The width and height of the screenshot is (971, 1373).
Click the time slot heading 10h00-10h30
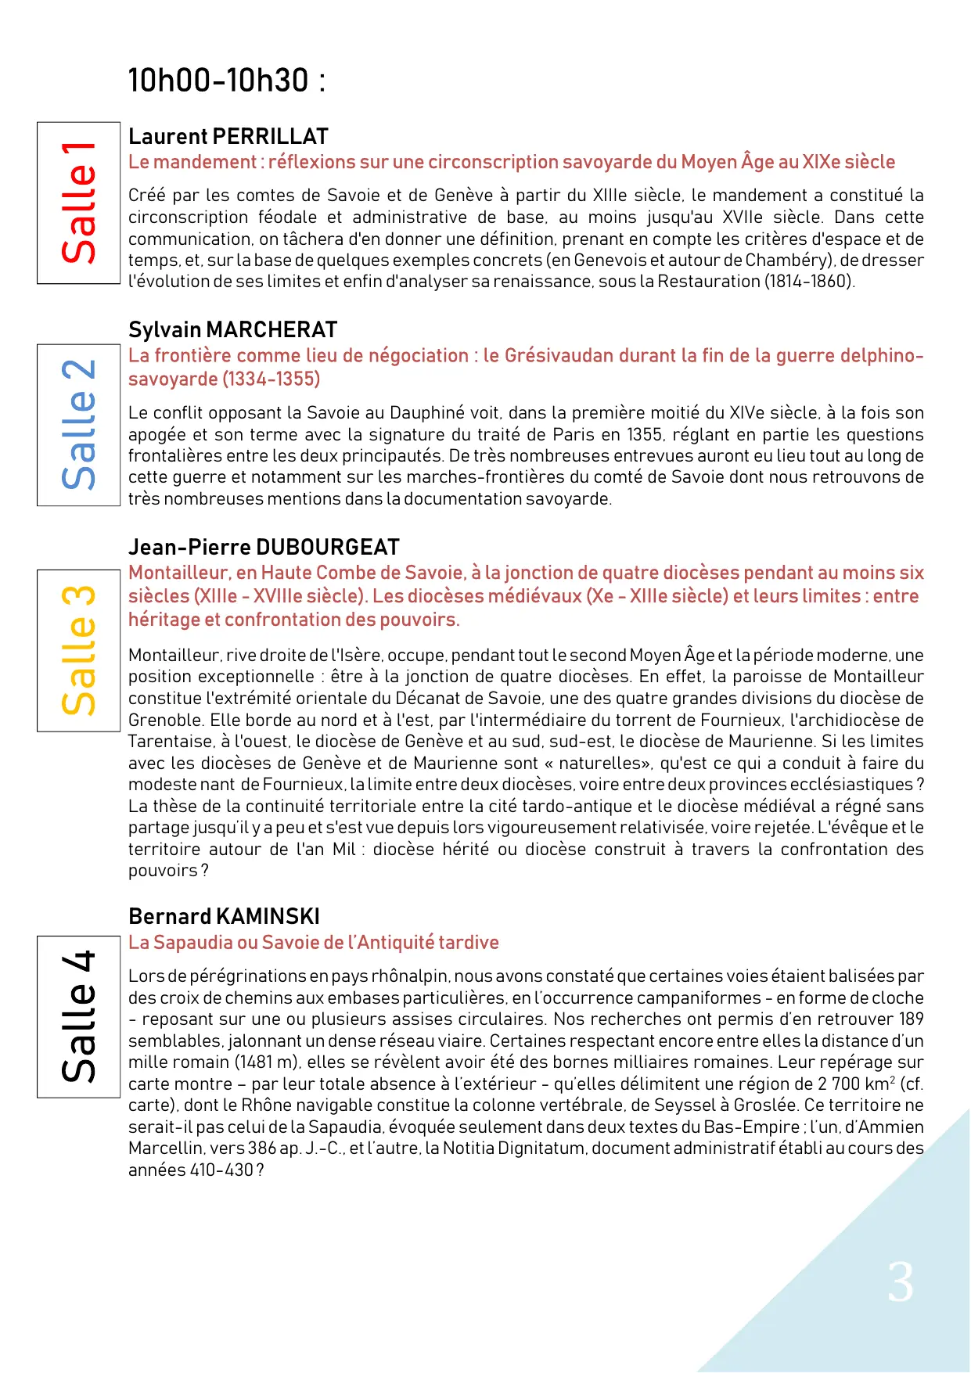pyautogui.click(x=226, y=81)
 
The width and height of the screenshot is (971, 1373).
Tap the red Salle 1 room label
pyautogui.click(x=78, y=203)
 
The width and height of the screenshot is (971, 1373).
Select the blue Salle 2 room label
pyautogui.click(x=78, y=425)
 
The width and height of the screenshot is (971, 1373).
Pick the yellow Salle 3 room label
pyautogui.click(x=78, y=650)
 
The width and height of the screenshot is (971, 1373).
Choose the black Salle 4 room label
pyautogui.click(x=78, y=1016)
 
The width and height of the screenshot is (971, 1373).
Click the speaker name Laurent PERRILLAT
pyautogui.click(x=228, y=136)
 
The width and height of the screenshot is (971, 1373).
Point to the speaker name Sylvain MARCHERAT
pyautogui.click(x=232, y=329)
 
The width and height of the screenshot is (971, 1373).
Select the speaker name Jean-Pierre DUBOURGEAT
pyautogui.click(x=264, y=547)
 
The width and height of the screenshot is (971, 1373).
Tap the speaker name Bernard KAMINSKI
pyautogui.click(x=224, y=916)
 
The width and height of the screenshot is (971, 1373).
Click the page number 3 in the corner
pyautogui.click(x=901, y=1283)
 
